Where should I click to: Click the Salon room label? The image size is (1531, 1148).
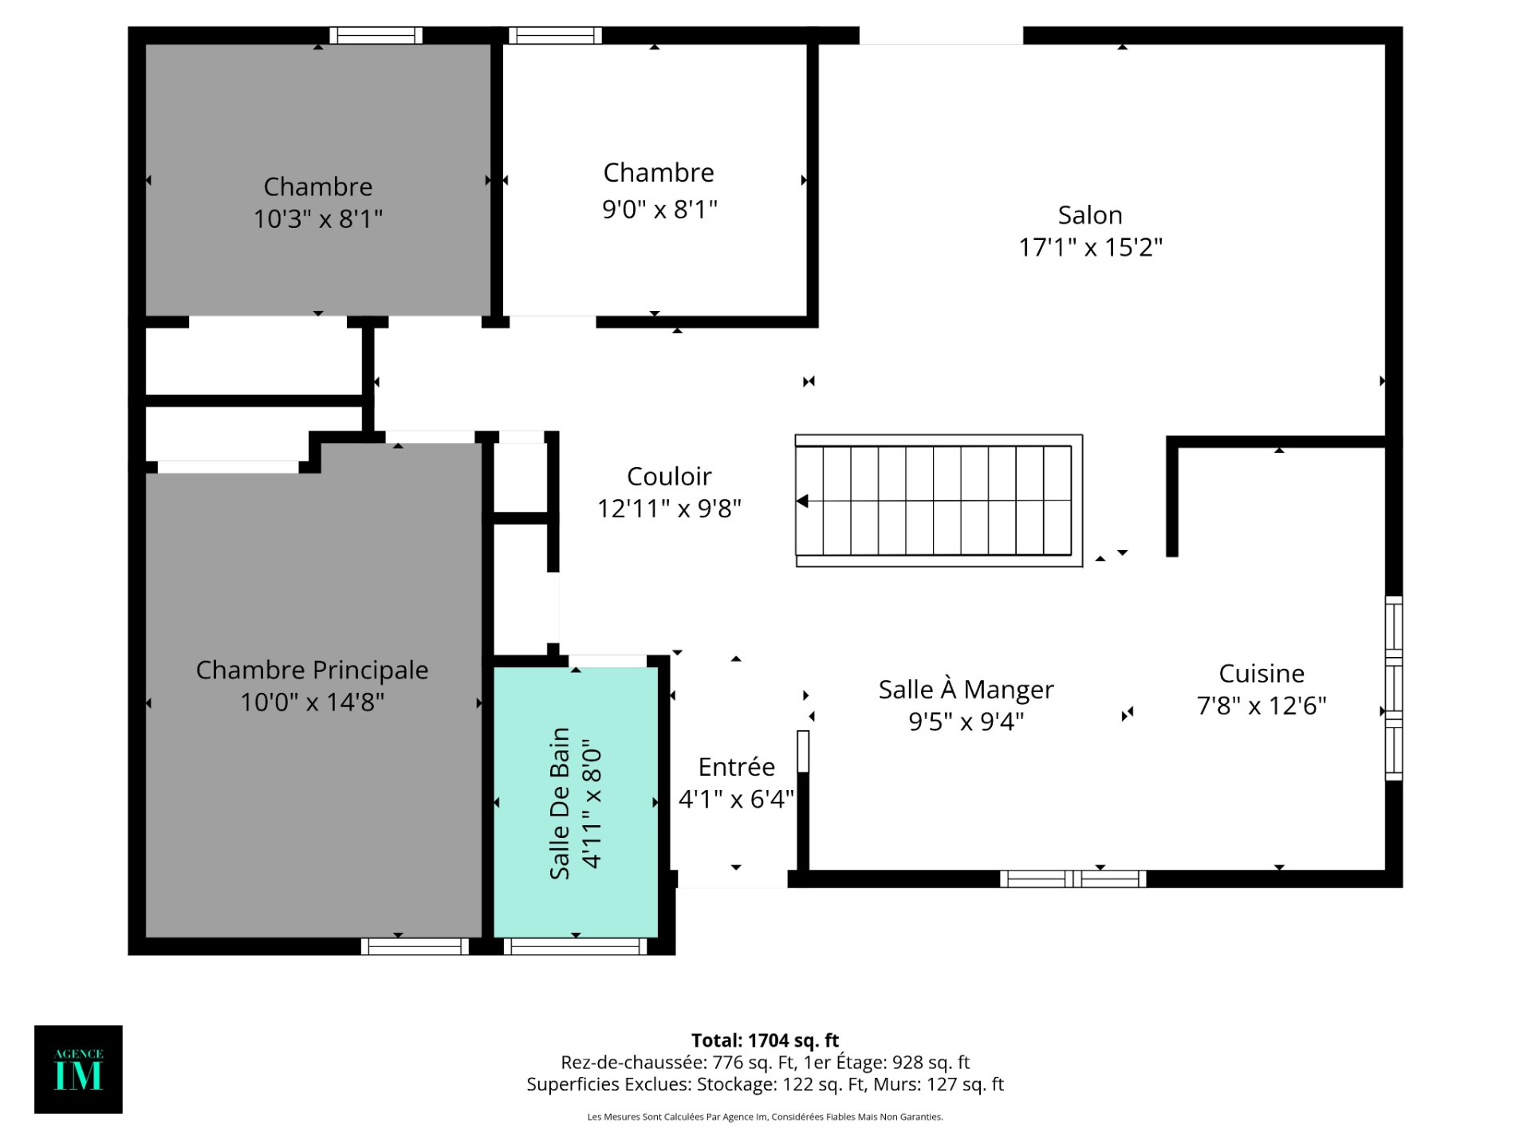pyautogui.click(x=1090, y=215)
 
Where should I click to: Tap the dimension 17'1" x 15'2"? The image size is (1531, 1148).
pyautogui.click(x=1091, y=247)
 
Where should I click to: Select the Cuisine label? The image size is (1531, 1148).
pyautogui.click(x=1261, y=674)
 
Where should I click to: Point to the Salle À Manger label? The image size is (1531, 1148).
pyautogui.click(x=966, y=689)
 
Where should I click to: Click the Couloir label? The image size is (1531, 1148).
pyautogui.click(x=669, y=476)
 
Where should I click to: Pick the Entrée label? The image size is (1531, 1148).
pyautogui.click(x=736, y=766)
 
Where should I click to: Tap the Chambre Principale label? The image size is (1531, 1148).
pyautogui.click(x=312, y=670)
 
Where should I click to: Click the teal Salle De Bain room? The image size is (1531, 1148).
pyautogui.click(x=576, y=802)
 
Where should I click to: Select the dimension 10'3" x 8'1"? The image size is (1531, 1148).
pyautogui.click(x=318, y=218)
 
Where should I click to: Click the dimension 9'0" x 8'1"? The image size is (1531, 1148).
pyautogui.click(x=659, y=209)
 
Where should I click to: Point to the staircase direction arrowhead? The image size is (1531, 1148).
pyautogui.click(x=802, y=501)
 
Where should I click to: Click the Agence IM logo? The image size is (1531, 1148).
pyautogui.click(x=78, y=1069)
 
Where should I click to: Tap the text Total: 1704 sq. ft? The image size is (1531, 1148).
pyautogui.click(x=765, y=1040)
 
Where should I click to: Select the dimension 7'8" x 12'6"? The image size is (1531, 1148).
pyautogui.click(x=1261, y=706)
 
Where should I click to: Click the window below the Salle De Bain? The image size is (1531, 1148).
pyautogui.click(x=575, y=946)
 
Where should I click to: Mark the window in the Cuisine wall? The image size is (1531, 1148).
pyautogui.click(x=1393, y=688)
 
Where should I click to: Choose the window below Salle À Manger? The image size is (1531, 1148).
pyautogui.click(x=1072, y=879)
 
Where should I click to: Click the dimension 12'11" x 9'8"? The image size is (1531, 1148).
pyautogui.click(x=669, y=508)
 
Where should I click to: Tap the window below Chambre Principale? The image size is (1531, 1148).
pyautogui.click(x=415, y=946)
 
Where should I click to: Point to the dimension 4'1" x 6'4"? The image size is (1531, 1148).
pyautogui.click(x=736, y=799)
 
